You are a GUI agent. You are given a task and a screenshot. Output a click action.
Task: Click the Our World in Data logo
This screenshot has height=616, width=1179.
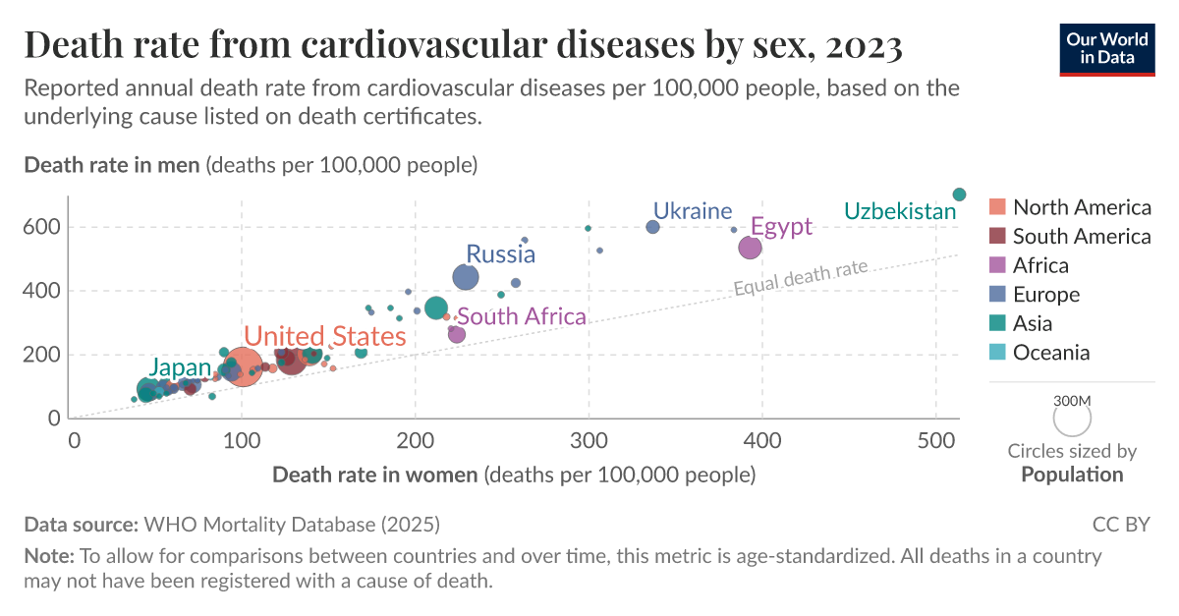point(1107,47)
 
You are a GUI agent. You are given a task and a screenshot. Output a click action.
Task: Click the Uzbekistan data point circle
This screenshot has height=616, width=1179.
point(960,195)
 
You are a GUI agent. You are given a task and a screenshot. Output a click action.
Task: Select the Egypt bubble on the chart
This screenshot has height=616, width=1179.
point(750,248)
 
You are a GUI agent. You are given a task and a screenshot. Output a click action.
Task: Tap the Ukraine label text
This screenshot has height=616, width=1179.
point(693,211)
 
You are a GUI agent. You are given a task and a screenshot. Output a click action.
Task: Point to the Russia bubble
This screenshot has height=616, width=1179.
point(465,278)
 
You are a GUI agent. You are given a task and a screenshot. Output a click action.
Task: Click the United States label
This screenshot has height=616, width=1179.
point(324,337)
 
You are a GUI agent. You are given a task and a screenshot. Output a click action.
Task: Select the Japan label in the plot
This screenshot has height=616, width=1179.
point(180,368)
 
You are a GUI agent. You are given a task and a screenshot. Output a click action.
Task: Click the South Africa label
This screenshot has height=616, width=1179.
point(522,316)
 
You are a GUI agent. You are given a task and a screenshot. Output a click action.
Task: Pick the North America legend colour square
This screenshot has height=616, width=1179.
point(997,207)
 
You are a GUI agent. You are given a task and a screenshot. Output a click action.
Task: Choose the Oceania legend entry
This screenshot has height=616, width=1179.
point(1051,353)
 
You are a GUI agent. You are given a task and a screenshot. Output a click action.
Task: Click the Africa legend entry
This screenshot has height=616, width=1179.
point(1040,265)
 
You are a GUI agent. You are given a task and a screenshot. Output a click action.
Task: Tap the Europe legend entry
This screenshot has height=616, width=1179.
point(1045,295)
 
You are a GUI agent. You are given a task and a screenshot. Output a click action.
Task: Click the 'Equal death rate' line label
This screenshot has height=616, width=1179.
point(801,276)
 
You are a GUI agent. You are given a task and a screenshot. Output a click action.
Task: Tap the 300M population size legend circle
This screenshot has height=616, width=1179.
point(1072,420)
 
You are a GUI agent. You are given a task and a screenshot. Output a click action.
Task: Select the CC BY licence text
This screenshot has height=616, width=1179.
point(1120,525)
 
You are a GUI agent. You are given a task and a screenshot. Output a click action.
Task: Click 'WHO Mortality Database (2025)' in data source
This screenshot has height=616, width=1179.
point(292,525)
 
